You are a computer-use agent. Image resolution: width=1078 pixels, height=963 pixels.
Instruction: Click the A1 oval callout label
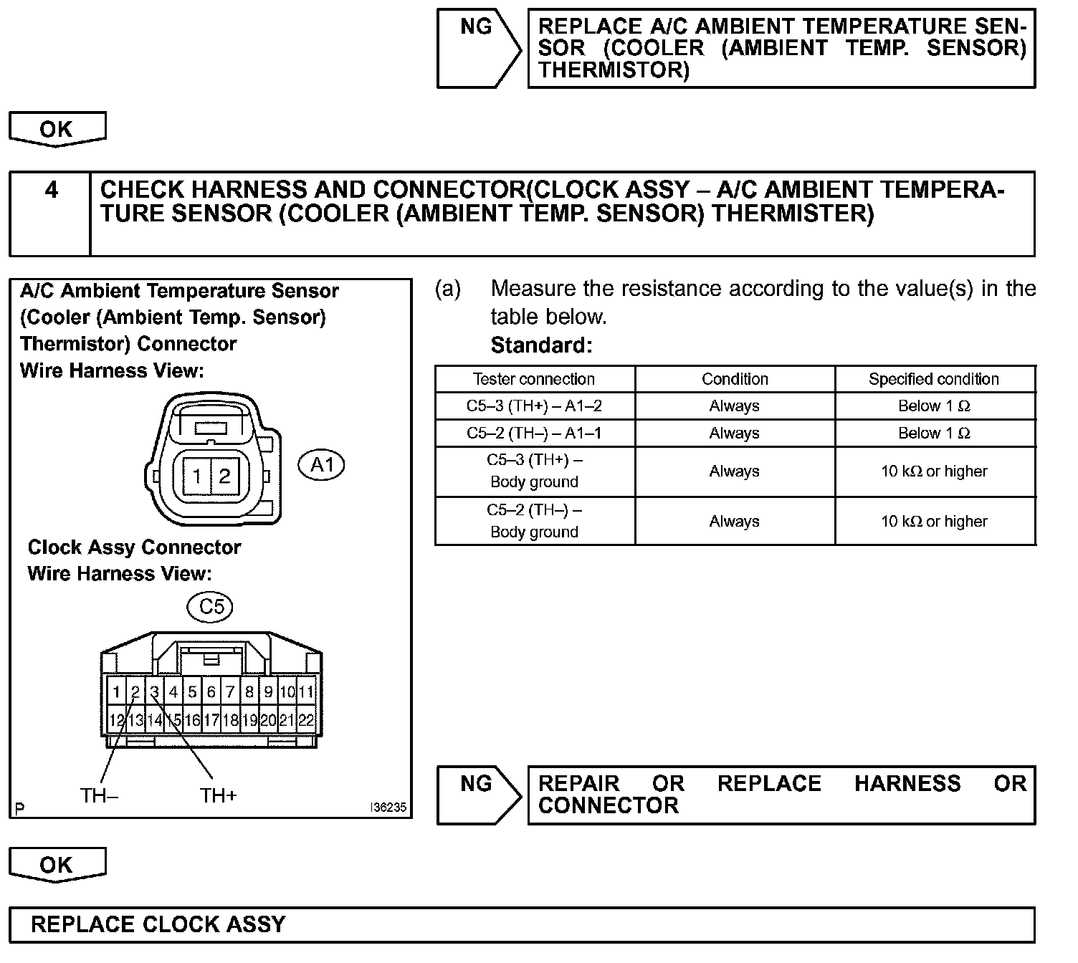click(x=321, y=465)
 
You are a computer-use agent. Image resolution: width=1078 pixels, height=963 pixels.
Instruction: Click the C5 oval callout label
click(x=210, y=608)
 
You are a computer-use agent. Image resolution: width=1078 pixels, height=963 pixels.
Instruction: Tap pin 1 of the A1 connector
click(x=196, y=476)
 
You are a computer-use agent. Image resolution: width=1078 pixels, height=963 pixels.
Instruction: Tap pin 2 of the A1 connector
click(x=224, y=476)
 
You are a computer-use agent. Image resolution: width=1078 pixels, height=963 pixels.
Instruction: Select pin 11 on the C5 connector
click(x=306, y=692)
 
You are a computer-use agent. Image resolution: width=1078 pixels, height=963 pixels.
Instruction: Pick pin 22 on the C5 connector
click(x=306, y=720)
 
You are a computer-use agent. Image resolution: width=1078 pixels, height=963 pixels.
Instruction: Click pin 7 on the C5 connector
click(x=230, y=692)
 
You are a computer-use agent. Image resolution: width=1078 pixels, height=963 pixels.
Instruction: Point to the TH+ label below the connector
click(x=218, y=795)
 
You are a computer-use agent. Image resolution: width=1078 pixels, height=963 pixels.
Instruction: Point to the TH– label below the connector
click(x=99, y=795)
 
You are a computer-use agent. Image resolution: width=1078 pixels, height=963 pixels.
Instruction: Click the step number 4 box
click(x=51, y=213)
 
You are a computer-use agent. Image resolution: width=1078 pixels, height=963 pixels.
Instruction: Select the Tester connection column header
click(x=534, y=379)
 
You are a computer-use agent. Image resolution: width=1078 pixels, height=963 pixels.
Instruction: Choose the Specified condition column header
click(x=933, y=379)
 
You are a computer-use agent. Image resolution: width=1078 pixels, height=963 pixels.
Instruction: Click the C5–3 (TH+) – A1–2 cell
click(x=534, y=406)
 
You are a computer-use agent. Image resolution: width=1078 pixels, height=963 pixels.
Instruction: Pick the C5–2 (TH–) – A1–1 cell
click(x=534, y=433)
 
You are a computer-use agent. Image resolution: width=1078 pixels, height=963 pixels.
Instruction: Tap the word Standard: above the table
click(x=541, y=345)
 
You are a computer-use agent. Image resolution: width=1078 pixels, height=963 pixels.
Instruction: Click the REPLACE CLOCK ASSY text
click(x=158, y=924)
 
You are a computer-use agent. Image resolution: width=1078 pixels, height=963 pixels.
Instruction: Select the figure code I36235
click(x=388, y=808)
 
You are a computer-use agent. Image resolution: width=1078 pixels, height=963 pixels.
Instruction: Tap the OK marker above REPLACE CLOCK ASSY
click(x=57, y=865)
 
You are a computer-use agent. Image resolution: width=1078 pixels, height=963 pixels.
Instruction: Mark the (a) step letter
click(x=448, y=289)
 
